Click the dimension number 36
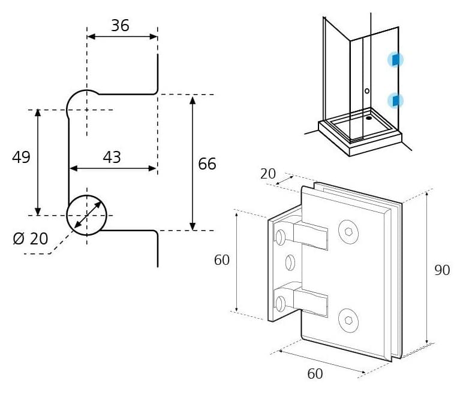(x=120, y=26)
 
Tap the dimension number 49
(x=21, y=157)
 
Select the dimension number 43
(x=112, y=157)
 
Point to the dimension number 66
(x=207, y=164)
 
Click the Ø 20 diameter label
(x=31, y=238)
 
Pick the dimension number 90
(x=442, y=270)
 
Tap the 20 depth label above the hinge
(x=268, y=174)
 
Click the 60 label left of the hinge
(x=222, y=260)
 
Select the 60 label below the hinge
(x=315, y=374)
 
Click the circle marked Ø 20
(x=67, y=215)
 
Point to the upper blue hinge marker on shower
(x=396, y=60)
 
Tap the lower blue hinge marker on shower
(x=396, y=100)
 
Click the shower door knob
(x=367, y=91)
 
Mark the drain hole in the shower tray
(x=369, y=118)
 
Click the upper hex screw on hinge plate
(x=348, y=232)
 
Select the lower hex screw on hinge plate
(x=348, y=321)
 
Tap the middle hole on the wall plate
(x=290, y=262)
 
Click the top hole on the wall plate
(x=280, y=237)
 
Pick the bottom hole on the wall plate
(x=280, y=304)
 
